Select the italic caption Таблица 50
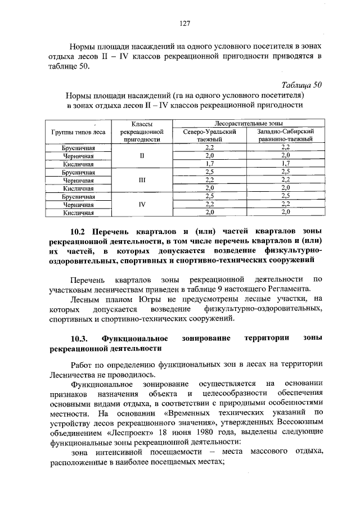pyautogui.click(x=302, y=85)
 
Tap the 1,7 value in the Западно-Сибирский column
pyautogui.click(x=285, y=164)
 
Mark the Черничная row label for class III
pyautogui.click(x=78, y=180)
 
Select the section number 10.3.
pyautogui.click(x=79, y=338)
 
